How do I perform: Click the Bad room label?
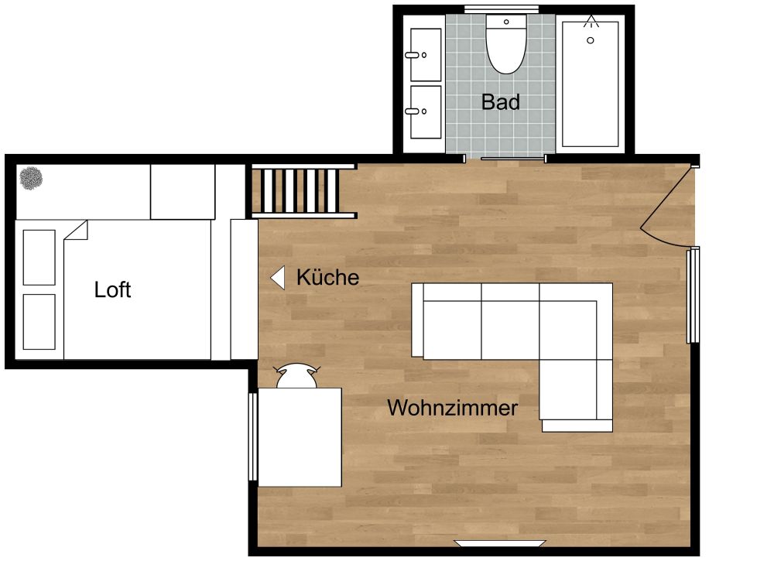(x=500, y=101)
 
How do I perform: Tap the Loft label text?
(x=112, y=290)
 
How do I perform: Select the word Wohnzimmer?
(x=452, y=408)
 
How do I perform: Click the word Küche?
(x=327, y=278)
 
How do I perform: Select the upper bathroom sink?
(x=424, y=55)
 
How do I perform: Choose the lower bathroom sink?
(x=424, y=112)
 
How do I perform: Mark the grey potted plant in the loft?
(x=32, y=180)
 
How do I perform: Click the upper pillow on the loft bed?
(x=39, y=257)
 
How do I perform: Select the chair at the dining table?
(x=297, y=376)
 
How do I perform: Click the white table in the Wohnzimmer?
(x=300, y=436)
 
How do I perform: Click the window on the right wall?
(x=694, y=295)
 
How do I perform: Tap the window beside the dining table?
(x=252, y=436)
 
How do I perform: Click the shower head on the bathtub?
(x=591, y=22)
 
